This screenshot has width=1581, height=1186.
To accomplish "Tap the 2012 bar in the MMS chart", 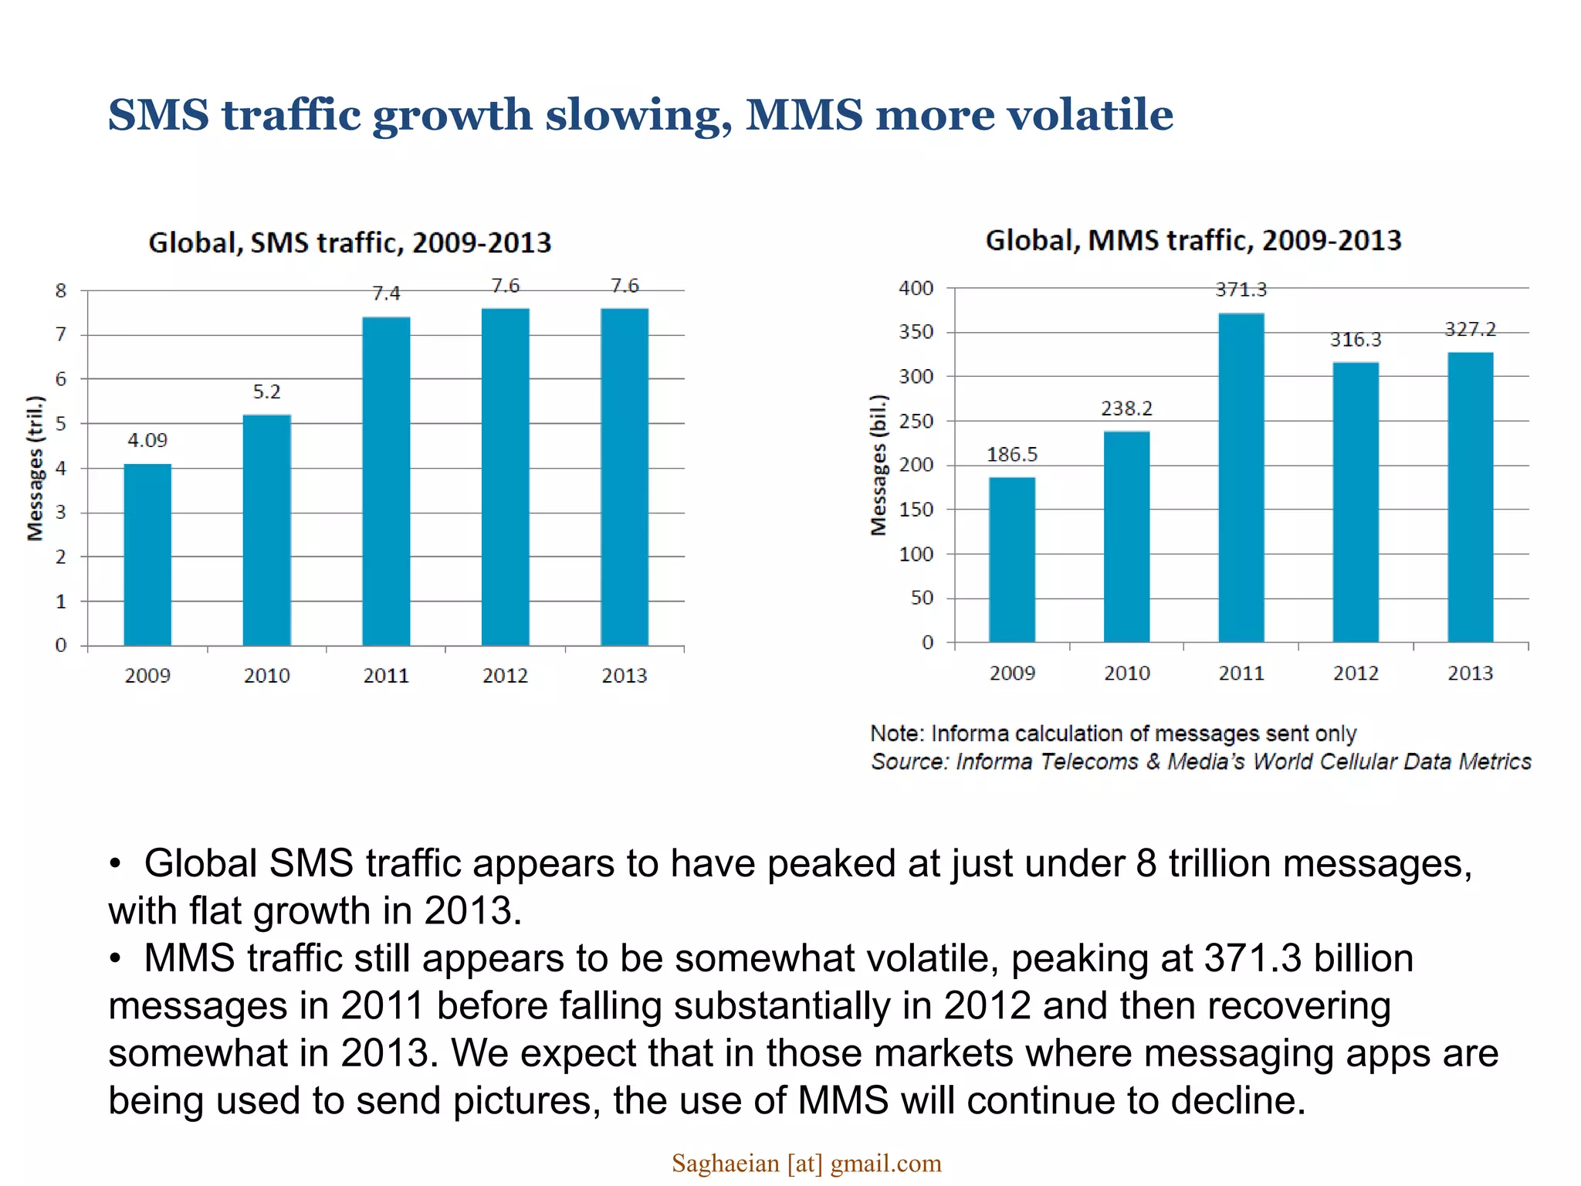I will [x=1356, y=502].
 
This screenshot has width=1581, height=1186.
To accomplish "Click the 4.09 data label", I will [x=147, y=440].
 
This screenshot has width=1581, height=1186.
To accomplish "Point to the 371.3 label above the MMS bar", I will [x=1241, y=290].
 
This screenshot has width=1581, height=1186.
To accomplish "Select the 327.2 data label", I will [x=1471, y=330].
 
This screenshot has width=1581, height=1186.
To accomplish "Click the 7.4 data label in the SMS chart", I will [x=386, y=293].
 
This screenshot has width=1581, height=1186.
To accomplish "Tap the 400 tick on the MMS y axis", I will [x=916, y=288].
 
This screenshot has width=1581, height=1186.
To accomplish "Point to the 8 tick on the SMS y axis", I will [x=61, y=291].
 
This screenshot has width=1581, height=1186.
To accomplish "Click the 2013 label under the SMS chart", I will [x=625, y=676].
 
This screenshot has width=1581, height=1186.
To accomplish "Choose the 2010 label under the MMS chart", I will [x=1127, y=673].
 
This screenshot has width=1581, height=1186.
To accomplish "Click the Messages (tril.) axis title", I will [x=36, y=468].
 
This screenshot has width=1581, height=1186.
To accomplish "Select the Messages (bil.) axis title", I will [x=879, y=465].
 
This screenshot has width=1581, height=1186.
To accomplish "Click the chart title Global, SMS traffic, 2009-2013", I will [x=350, y=242].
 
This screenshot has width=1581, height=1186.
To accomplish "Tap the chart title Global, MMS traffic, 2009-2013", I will [x=1193, y=240].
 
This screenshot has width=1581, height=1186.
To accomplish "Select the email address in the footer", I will [x=807, y=1163].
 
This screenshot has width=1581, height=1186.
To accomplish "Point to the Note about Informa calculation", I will [x=1113, y=733].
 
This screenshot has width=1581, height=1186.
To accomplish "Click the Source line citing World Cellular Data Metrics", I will [x=1200, y=762].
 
